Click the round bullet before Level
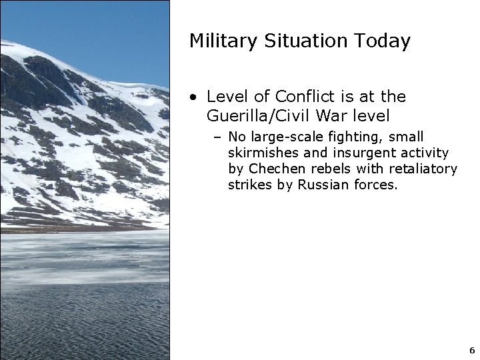pyautogui.click(x=193, y=97)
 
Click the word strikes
pyautogui.click(x=251, y=185)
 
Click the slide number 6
pyautogui.click(x=471, y=350)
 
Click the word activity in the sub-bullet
pyautogui.click(x=425, y=153)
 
